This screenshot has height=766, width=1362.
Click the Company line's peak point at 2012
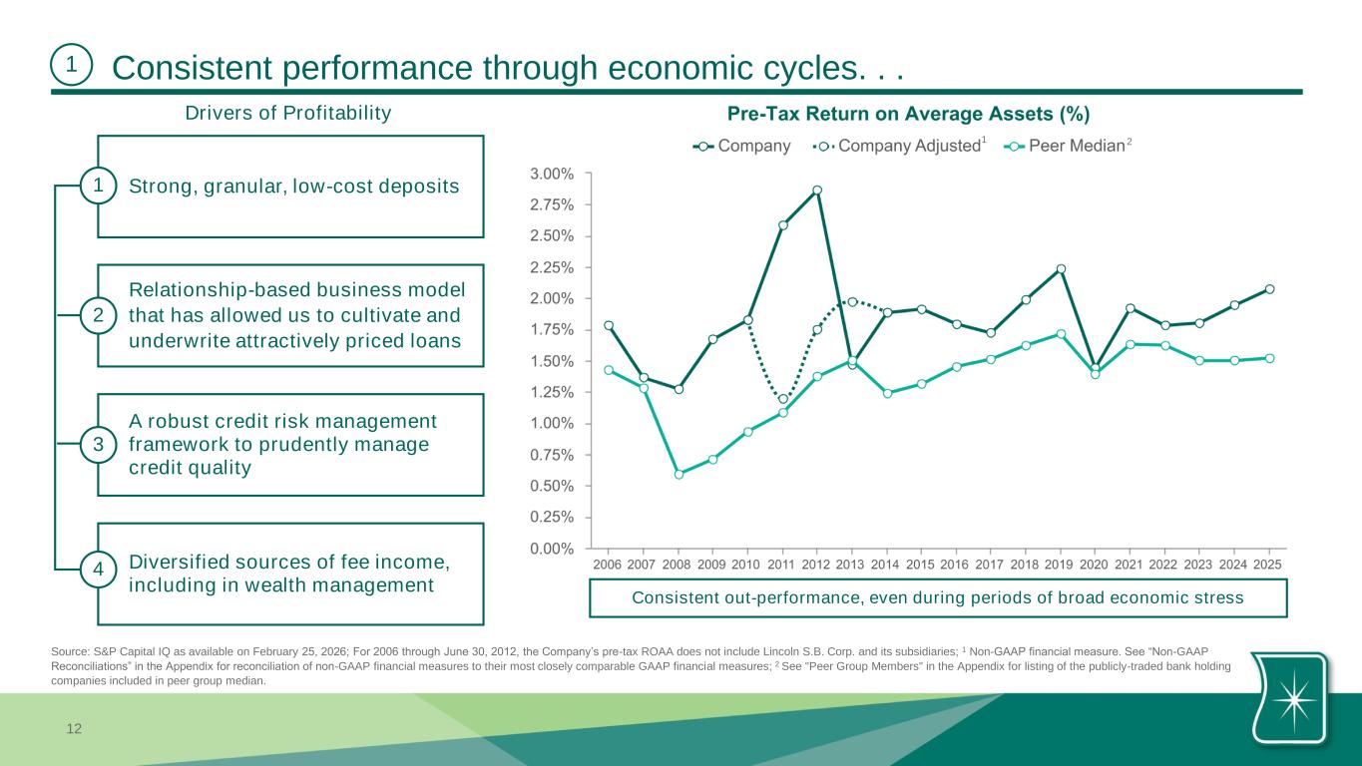point(817,191)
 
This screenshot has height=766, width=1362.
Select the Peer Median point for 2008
point(679,475)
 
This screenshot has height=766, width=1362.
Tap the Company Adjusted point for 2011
point(783,400)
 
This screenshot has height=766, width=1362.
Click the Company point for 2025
point(1269,289)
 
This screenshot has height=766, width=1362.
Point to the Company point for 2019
point(1061,269)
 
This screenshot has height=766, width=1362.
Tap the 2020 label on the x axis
point(1095,565)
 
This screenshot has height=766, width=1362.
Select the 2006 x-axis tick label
point(608,565)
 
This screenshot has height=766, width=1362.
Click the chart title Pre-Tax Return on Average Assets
point(908,113)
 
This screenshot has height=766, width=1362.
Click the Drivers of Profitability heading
point(288,113)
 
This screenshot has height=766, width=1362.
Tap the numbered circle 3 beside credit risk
point(98,445)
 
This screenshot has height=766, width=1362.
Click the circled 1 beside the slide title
point(71,65)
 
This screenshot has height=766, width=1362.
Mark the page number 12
point(73,730)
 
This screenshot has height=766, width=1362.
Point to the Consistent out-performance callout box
point(939,598)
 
